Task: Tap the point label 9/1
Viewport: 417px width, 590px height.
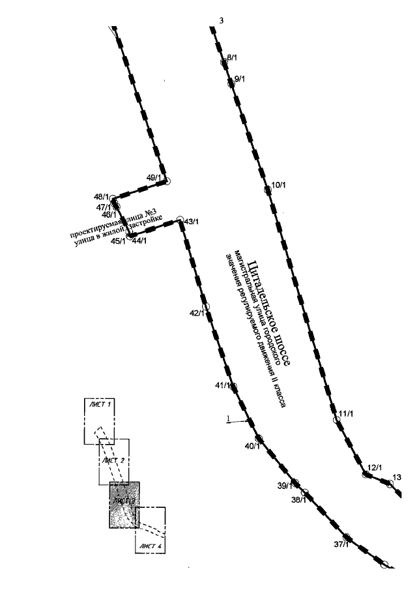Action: tap(238, 79)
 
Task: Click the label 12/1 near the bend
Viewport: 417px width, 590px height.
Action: tap(374, 467)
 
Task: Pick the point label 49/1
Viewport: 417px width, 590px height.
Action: tap(154, 177)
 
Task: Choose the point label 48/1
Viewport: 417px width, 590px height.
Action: tap(101, 196)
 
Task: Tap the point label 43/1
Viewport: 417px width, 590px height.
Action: tap(192, 222)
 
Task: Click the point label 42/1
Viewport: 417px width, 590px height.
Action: tap(197, 314)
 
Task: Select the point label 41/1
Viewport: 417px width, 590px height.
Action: tap(223, 385)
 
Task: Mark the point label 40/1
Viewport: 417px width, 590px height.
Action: tap(252, 447)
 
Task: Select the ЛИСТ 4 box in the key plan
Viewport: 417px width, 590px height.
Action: tap(150, 529)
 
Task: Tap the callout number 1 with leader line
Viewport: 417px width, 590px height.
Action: tap(228, 418)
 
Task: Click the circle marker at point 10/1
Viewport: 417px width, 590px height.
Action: tap(267, 190)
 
